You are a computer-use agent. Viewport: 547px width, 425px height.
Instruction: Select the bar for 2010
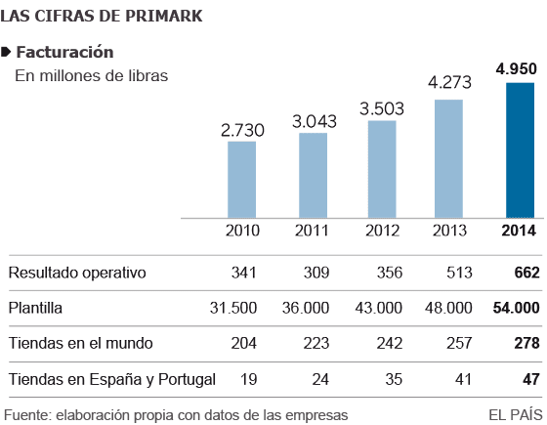pos(241,178)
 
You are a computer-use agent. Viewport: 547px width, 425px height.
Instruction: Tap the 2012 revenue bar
pos(382,167)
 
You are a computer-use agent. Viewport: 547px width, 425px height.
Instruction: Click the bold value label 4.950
pos(519,68)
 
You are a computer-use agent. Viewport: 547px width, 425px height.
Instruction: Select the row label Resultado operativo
pos(76,273)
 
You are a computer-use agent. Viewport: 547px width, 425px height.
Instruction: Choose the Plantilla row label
pos(37,308)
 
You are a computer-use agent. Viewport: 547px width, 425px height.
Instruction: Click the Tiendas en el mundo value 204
pos(242,343)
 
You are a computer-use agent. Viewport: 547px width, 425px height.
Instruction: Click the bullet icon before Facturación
pos(8,52)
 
